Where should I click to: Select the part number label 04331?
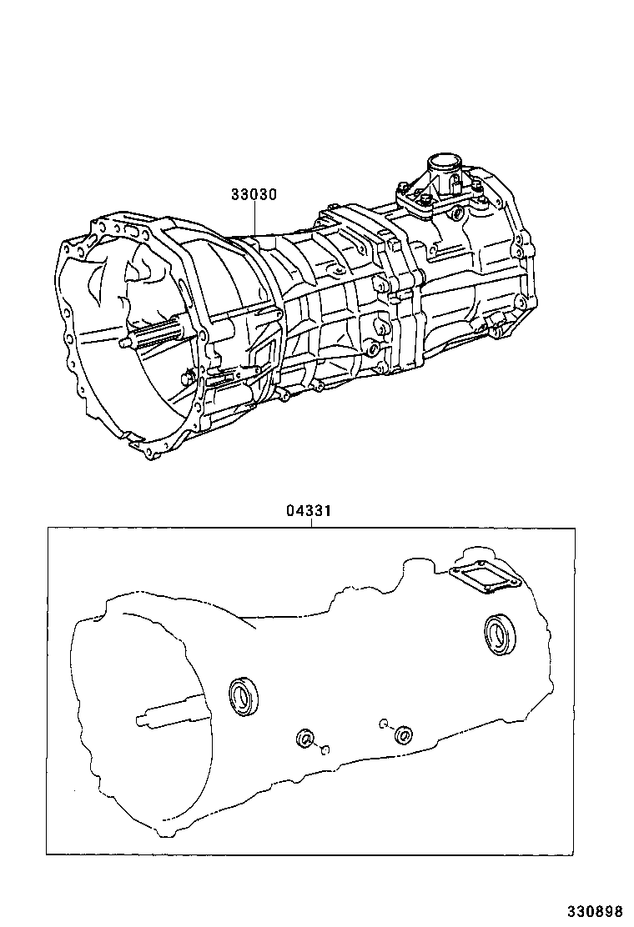309,511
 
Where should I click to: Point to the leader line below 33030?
254,219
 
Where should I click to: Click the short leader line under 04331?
309,523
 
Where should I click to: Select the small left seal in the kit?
306,738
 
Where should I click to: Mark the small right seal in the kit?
404,734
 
